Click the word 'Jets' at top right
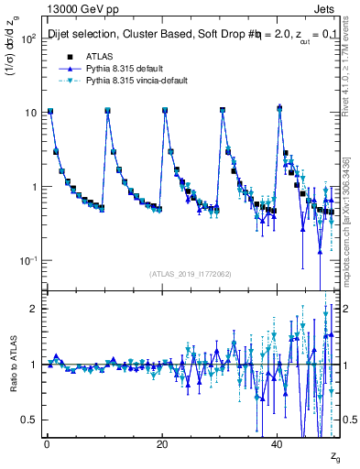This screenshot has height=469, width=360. [326, 7]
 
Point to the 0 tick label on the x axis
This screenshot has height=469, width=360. [47, 444]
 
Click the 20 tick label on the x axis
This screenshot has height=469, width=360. [162, 444]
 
